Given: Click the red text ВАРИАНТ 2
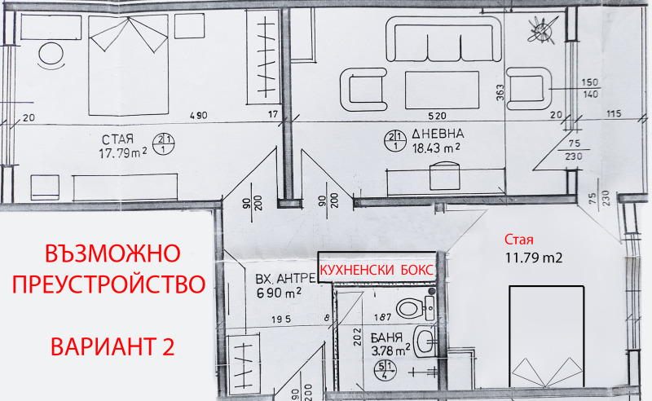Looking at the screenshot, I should (112, 346).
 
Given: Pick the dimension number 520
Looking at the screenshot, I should (437, 116).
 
